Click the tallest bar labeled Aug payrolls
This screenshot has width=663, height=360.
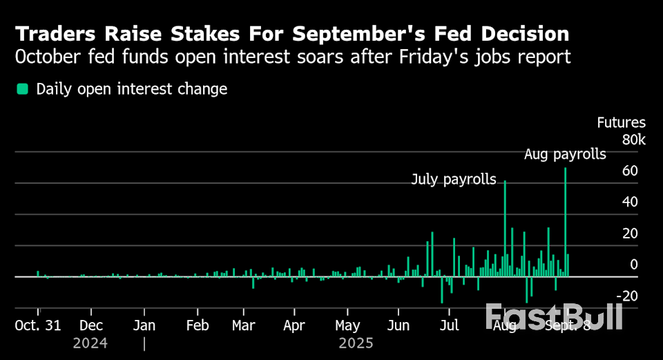click(566, 221)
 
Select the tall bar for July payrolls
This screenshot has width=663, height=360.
click(506, 228)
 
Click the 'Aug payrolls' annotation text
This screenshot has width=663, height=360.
click(565, 154)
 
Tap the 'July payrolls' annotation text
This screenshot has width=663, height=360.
click(454, 180)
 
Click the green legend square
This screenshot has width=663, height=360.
click(23, 88)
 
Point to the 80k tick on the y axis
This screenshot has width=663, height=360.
click(633, 140)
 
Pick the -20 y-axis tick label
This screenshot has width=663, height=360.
click(627, 296)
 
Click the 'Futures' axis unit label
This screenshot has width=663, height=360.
click(621, 123)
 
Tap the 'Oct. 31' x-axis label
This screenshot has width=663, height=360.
click(39, 325)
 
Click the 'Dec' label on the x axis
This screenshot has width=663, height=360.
click(91, 325)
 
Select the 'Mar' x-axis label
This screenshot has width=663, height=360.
click(243, 325)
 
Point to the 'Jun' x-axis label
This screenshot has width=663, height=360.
click(398, 325)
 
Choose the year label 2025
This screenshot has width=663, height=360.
click(356, 343)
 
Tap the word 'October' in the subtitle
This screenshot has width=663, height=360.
click(48, 57)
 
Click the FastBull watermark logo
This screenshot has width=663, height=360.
click(554, 316)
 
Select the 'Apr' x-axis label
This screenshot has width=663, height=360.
click(294, 325)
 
